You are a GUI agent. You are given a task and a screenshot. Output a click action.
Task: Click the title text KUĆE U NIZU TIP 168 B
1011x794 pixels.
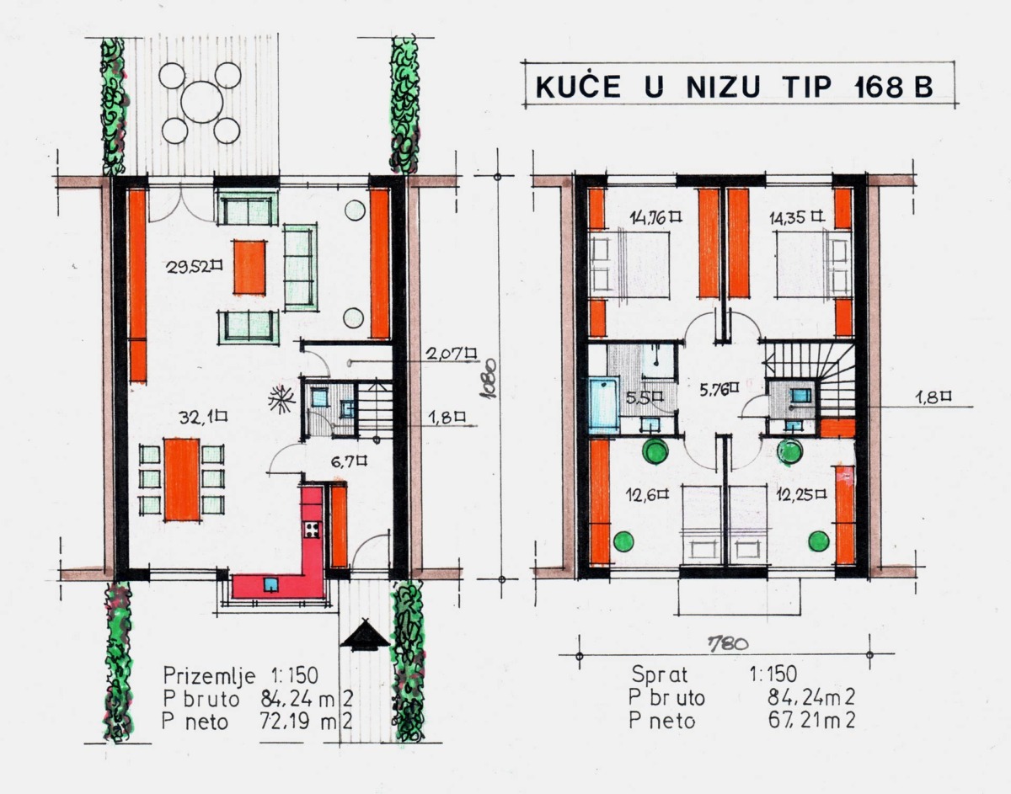click(x=734, y=86)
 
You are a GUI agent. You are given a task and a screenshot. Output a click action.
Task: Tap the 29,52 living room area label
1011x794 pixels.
click(x=194, y=266)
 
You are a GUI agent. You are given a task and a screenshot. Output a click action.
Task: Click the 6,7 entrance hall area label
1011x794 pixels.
click(x=349, y=461)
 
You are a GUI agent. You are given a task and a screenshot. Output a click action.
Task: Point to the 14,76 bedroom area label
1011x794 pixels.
click(x=655, y=217)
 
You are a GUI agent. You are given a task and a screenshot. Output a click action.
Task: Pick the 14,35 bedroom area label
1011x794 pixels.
click(x=796, y=217)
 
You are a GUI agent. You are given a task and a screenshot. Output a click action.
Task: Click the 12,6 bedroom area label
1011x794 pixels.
click(x=647, y=495)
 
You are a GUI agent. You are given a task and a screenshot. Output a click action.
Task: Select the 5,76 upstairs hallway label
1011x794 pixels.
click(x=719, y=389)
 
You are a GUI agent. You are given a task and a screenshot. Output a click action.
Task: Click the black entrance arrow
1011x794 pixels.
click(x=365, y=635)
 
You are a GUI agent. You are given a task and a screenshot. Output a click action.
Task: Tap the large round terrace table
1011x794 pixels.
click(x=202, y=102)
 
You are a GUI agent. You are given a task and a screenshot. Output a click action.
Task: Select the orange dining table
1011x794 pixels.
click(x=182, y=479)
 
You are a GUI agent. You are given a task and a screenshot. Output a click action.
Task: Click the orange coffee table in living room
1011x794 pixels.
click(x=250, y=267)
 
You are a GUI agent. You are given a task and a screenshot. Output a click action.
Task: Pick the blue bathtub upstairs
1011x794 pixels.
click(x=604, y=407)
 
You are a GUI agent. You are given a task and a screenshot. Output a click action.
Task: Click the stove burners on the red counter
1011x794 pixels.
click(x=312, y=530)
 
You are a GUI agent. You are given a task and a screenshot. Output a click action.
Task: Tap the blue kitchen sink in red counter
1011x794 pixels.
click(x=270, y=584)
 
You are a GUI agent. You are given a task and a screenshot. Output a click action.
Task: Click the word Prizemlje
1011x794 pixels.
click(x=209, y=675)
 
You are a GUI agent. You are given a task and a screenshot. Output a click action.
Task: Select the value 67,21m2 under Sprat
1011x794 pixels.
click(x=811, y=721)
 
